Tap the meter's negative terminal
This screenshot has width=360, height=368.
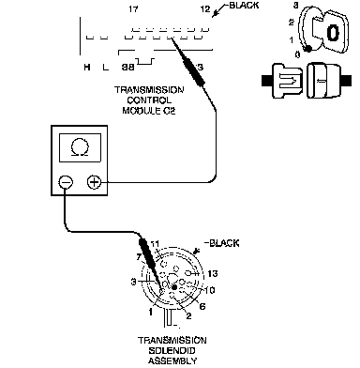pos(66,182)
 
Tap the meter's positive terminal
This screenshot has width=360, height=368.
pos(94,182)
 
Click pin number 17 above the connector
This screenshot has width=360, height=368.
pos(133,9)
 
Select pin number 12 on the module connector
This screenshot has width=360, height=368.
pos(205,9)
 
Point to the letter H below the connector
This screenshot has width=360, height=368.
pos(87,67)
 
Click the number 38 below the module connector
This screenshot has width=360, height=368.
pos(127,67)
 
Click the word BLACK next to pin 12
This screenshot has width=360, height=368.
pos(244,6)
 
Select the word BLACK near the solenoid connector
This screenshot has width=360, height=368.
pos(224,243)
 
